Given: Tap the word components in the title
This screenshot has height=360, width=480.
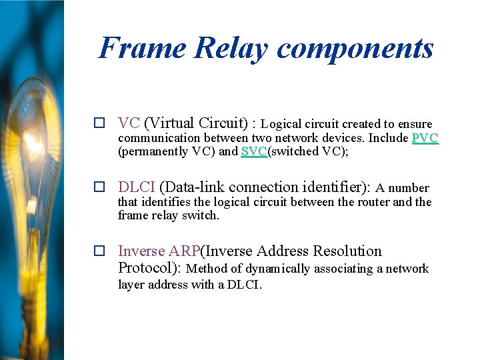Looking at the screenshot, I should tap(355, 48).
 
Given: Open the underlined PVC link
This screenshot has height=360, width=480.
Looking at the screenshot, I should tap(425, 138).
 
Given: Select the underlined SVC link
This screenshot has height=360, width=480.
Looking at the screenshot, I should tap(253, 151).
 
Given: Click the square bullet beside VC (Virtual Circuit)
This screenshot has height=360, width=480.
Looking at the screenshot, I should tap(99, 123).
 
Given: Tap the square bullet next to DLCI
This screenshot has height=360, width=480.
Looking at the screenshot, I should tap(99, 187).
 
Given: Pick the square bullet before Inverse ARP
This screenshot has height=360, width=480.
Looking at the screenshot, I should tap(99, 251).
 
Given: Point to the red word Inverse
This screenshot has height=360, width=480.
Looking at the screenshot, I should tap(141, 251).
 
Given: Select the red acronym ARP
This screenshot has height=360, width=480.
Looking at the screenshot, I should tap(185, 251).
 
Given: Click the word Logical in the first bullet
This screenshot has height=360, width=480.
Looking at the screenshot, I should tap(281, 124).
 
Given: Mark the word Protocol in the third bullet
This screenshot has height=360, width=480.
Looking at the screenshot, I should tap(145, 268).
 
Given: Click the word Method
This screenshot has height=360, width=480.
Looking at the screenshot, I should tap(205, 269).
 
